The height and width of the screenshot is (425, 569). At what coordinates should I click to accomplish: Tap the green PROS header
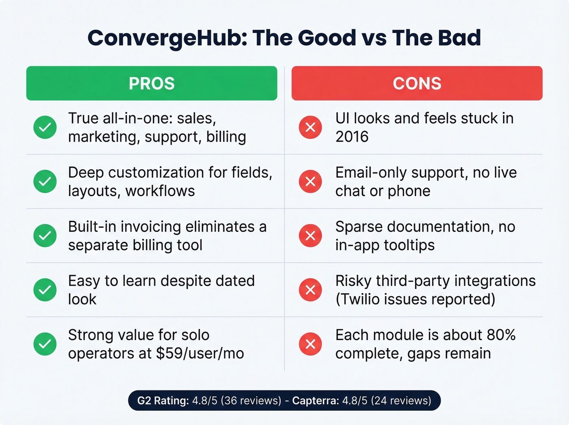(x=152, y=83)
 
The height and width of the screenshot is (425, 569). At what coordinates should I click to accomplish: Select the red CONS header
(x=417, y=83)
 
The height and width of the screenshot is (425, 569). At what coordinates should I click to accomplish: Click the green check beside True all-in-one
(x=45, y=127)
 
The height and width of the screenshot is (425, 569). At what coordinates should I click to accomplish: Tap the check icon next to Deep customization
(x=45, y=181)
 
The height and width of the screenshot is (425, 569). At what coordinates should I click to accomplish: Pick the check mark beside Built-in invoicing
(x=45, y=235)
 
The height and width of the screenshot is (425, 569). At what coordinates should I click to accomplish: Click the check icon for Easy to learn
(x=45, y=290)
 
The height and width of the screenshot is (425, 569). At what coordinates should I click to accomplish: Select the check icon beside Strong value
(x=45, y=344)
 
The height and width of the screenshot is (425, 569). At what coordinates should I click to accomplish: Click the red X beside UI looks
(x=311, y=127)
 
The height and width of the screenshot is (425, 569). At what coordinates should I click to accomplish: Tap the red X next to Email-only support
(x=311, y=181)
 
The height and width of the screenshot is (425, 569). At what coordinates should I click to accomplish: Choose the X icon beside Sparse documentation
(x=311, y=235)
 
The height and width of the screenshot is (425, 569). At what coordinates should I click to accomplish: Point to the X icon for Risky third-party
(x=311, y=290)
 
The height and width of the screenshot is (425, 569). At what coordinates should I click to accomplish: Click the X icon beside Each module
(x=311, y=344)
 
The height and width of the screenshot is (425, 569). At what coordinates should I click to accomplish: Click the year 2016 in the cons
(x=352, y=137)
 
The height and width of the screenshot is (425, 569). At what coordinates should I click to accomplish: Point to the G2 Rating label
(x=163, y=401)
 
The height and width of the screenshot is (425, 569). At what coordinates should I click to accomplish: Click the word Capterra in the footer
(x=315, y=401)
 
